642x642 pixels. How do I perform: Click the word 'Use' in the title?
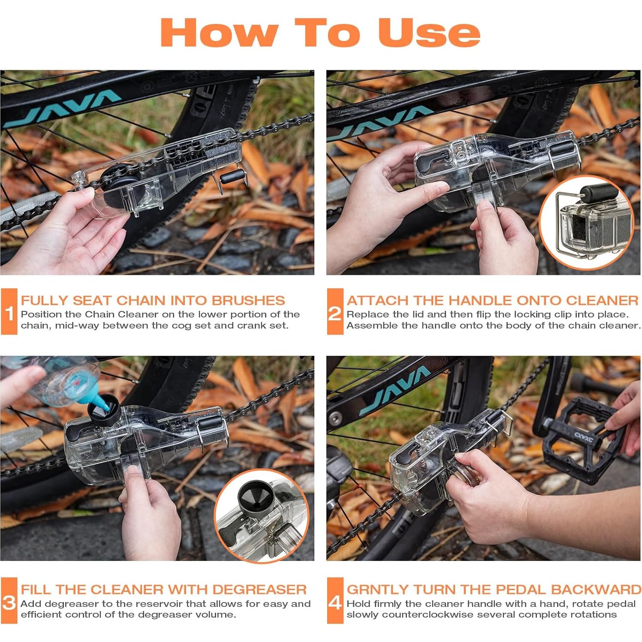[x=429, y=33]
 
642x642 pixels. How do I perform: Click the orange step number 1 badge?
[x=9, y=312]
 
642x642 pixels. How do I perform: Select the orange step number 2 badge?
[x=335, y=312]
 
